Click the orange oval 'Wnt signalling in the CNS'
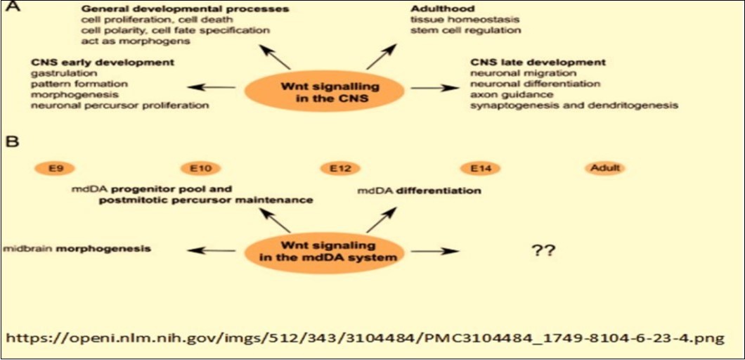click(x=323, y=91)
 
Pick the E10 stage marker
click(x=200, y=169)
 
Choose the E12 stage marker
click(x=340, y=169)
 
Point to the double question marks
click(x=540, y=251)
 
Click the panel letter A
click(x=12, y=8)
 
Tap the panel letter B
click(x=12, y=141)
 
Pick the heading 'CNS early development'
click(x=103, y=63)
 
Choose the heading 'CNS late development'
click(x=538, y=63)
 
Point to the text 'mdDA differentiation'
click(x=419, y=191)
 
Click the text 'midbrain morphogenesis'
click(x=78, y=249)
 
